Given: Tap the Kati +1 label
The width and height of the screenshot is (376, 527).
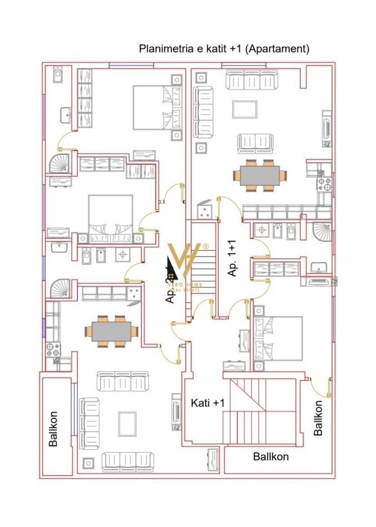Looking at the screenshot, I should (x=207, y=403).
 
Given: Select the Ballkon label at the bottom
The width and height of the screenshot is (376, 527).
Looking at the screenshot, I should (x=270, y=457).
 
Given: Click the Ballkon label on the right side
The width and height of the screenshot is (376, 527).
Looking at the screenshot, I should (x=318, y=417).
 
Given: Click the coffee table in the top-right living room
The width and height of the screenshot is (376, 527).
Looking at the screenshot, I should (x=244, y=109).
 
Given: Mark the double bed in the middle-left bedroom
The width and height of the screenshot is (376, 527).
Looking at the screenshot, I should (x=111, y=216).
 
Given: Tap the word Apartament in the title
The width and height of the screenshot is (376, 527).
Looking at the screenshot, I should (x=278, y=49).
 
